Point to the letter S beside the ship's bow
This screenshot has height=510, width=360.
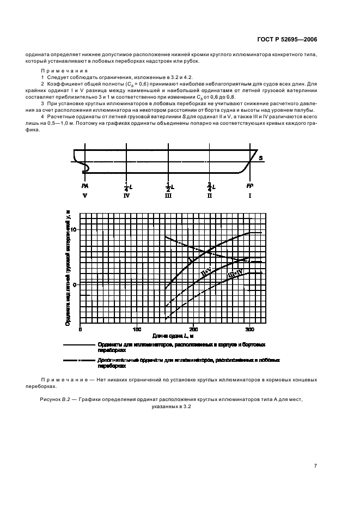click(261, 158)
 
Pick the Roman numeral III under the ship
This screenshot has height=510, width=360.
click(168, 196)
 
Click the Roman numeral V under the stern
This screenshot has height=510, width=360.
click(84, 196)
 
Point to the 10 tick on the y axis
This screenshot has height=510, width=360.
click(75, 230)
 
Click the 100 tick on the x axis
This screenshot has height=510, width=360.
click(137, 329)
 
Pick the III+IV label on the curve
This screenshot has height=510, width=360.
click(235, 275)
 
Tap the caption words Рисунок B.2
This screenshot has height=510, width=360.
click(56, 399)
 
